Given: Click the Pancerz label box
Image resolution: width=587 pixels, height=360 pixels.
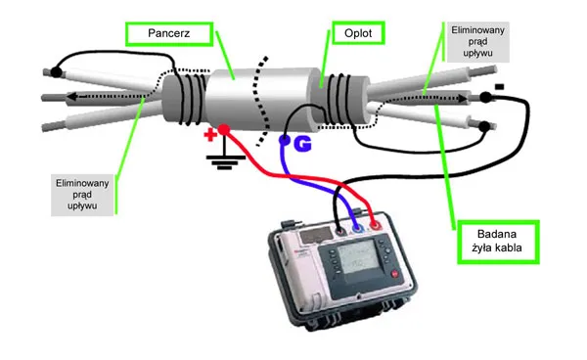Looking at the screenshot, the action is point(169,33).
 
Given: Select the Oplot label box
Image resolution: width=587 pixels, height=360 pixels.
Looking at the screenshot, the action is point(358,33).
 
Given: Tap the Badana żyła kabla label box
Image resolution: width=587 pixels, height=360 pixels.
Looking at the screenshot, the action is point(498,243).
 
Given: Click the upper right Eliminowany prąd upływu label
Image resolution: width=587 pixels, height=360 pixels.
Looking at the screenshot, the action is point(477,41).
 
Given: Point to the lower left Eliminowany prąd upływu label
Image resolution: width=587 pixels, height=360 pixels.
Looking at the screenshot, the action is point(82,195).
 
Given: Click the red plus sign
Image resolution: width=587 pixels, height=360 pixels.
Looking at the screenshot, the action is point(210,135).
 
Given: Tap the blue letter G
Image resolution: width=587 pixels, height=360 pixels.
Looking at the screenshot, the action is point(302,144).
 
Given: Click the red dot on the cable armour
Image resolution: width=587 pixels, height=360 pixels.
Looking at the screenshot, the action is point(224,130).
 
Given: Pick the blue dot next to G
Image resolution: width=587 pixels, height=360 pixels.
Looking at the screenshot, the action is point(285,140).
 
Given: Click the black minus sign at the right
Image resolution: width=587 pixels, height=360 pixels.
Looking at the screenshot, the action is point(499,87).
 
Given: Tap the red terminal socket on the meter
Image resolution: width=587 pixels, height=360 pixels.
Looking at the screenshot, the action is point(375,225).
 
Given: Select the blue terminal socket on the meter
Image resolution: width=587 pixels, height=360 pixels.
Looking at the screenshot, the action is point(358,228).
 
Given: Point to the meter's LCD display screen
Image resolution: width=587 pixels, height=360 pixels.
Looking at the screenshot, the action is point(357,256).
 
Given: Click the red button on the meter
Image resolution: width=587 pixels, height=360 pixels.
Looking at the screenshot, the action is point(395,274).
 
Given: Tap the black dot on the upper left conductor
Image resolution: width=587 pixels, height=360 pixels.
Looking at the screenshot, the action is point(56,71).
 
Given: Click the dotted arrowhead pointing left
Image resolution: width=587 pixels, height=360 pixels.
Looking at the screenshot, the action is point(72,97).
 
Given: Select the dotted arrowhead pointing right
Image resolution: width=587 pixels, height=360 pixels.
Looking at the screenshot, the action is point(464,99).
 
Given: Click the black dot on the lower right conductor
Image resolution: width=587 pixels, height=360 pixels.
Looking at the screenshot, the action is point(484,126).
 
